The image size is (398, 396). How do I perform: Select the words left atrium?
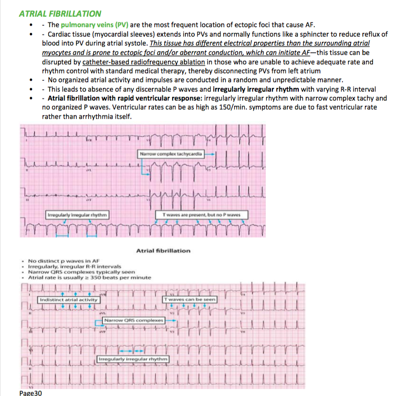[x=321, y=71]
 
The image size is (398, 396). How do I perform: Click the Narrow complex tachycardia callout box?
[x=173, y=154]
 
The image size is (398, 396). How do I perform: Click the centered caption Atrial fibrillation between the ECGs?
[x=163, y=251]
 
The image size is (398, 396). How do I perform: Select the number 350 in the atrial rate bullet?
[x=98, y=277]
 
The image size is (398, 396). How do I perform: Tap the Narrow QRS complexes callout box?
[x=134, y=319]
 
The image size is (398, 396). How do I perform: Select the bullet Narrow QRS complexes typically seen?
[x=82, y=272]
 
